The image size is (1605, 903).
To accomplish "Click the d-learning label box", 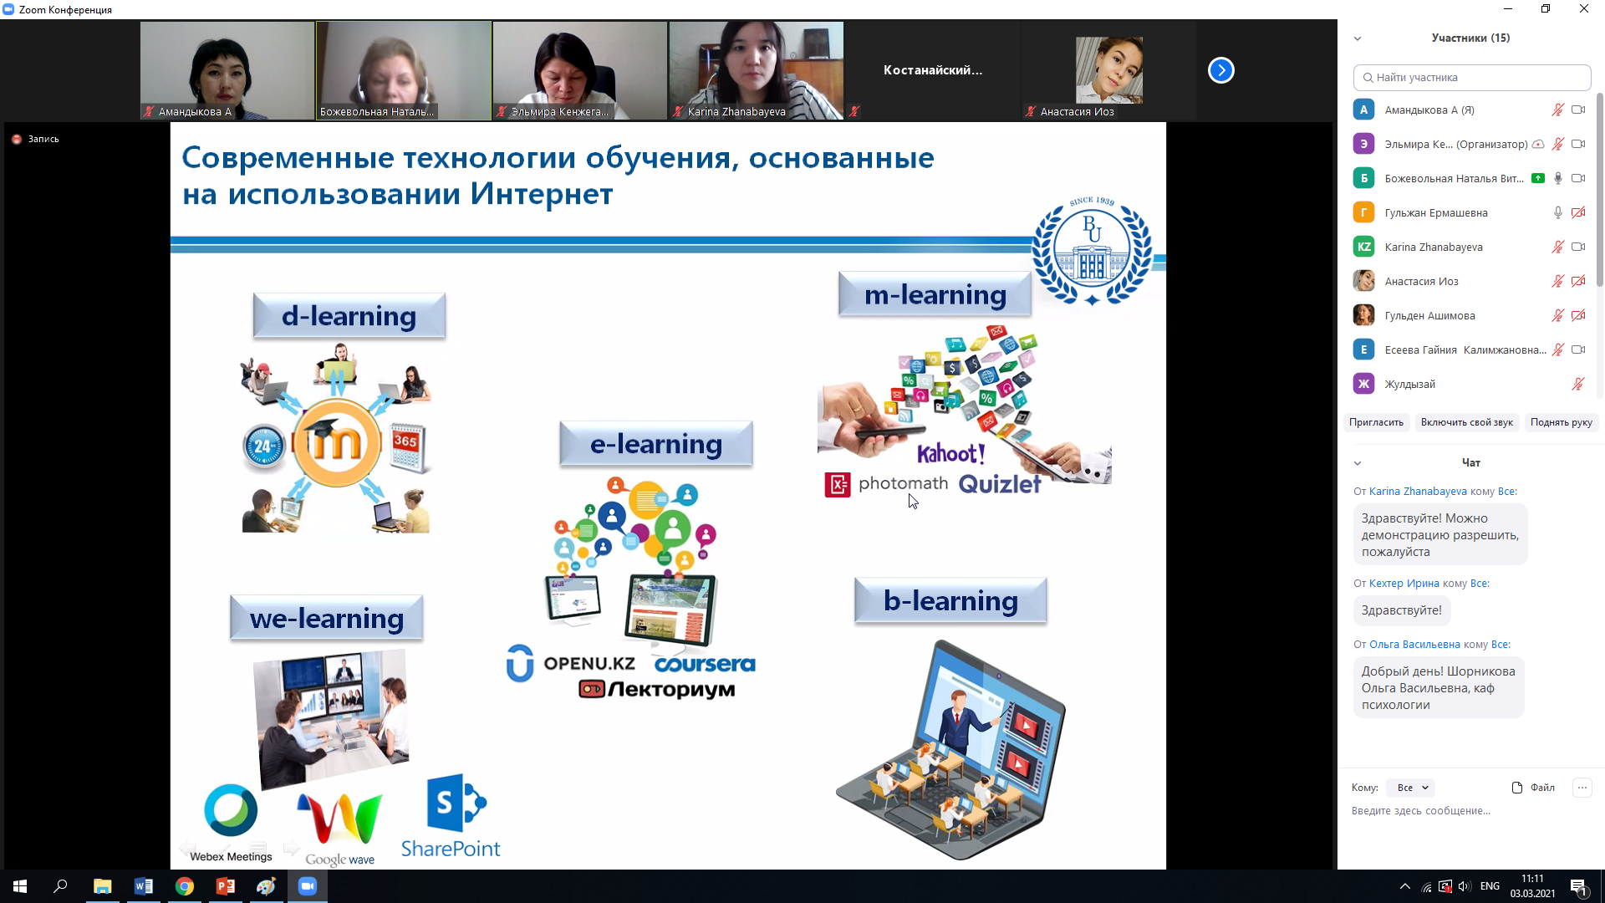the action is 349,315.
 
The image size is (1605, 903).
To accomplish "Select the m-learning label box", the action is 935,294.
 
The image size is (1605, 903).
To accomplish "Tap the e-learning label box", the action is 656,443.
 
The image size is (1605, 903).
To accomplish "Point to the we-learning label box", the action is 326,618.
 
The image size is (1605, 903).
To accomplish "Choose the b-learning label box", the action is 950,600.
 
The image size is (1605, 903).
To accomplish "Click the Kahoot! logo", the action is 951,453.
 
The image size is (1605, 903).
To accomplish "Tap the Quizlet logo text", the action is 1000,483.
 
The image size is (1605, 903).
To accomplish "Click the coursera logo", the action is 705,664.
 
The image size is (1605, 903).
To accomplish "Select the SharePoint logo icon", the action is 456,804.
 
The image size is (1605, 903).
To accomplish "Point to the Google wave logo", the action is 339,828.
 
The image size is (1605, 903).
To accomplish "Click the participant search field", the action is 1472,77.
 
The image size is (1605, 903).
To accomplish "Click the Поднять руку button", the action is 1561,422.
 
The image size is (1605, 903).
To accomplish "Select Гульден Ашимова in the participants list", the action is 1429,315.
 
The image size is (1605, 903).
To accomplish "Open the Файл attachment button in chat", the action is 1533,788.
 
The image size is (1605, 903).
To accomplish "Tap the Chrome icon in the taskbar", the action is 185,886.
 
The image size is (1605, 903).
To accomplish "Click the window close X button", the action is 1583,9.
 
